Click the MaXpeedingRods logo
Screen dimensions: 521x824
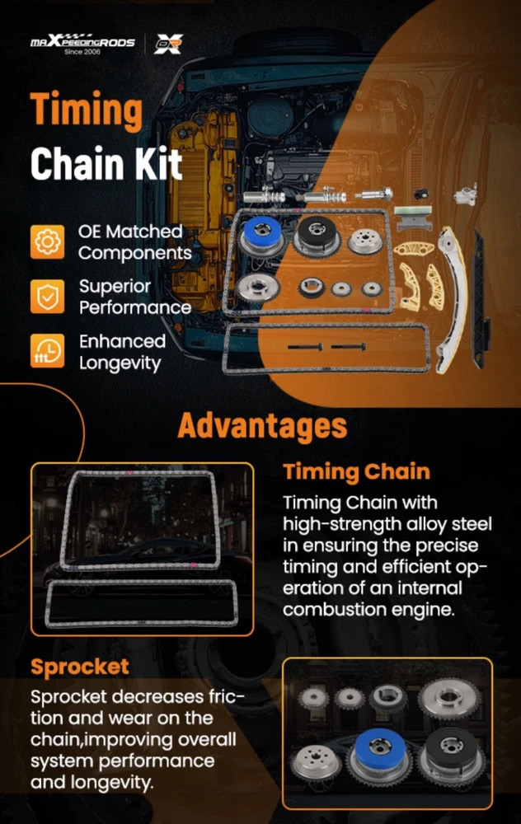(82, 42)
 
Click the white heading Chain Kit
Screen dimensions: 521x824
(106, 163)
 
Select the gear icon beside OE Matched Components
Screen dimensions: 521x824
(47, 241)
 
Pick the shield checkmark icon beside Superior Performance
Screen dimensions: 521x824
(47, 297)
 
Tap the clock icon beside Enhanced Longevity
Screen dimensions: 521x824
(47, 350)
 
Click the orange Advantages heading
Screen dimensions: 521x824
(262, 426)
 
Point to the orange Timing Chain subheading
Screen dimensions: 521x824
(356, 471)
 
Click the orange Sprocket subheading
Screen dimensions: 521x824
(80, 667)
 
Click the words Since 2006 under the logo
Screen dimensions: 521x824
(82, 51)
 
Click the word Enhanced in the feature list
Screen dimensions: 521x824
(123, 341)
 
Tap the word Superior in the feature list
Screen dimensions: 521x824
(115, 287)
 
